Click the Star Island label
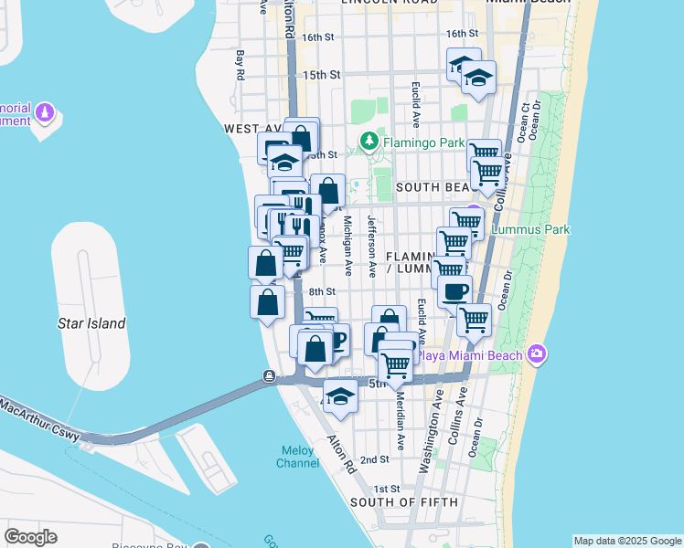click(x=91, y=323)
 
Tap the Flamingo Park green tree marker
click(x=369, y=142)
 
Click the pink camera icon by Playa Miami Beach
click(x=536, y=353)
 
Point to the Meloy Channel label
click(x=298, y=456)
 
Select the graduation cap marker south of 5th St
click(x=340, y=397)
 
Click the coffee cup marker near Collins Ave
click(x=454, y=291)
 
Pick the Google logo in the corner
click(x=30, y=537)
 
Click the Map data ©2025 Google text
click(x=627, y=541)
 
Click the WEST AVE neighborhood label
click(x=254, y=130)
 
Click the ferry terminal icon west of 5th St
click(x=270, y=376)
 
